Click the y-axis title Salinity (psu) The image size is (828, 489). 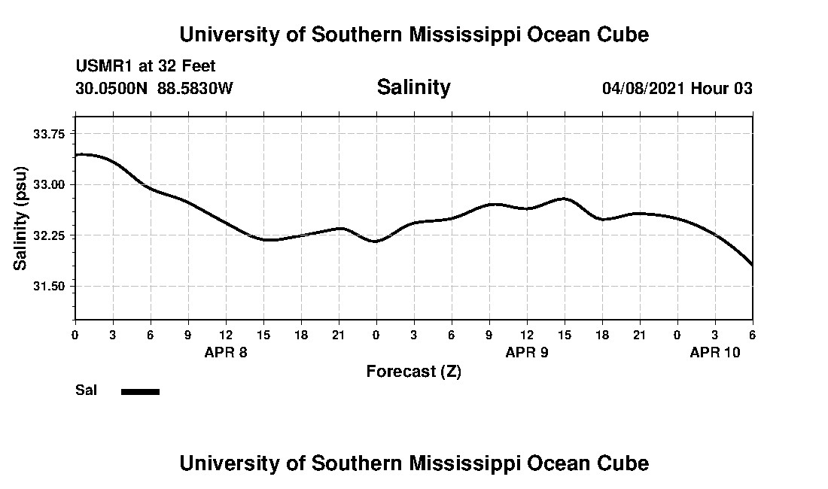click(20, 218)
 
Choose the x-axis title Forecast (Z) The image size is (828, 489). click(413, 372)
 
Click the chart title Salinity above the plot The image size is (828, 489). click(413, 87)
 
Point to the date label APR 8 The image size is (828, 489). click(226, 352)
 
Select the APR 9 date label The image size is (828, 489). click(527, 352)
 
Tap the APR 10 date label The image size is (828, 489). click(715, 352)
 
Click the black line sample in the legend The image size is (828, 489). click(140, 391)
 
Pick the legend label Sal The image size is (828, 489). click(87, 390)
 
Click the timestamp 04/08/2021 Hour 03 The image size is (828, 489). click(677, 89)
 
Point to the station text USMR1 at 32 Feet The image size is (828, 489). click(145, 67)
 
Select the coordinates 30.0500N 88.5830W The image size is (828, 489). click(154, 89)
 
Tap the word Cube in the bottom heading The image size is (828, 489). click(625, 463)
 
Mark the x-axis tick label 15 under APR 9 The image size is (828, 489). click(565, 334)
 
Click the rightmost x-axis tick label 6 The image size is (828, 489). click(752, 334)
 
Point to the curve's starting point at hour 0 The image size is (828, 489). click(75, 155)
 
